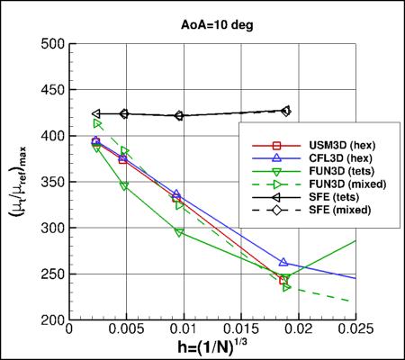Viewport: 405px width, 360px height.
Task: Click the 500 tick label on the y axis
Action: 51,44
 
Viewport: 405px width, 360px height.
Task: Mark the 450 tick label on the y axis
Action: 51,90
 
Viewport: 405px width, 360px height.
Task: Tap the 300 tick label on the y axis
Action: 51,229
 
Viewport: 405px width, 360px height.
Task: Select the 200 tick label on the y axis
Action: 51,320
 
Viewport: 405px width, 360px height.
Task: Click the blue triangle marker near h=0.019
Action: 283,263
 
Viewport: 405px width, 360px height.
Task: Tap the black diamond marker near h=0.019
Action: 286,112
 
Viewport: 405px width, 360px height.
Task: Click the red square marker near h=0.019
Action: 283,281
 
